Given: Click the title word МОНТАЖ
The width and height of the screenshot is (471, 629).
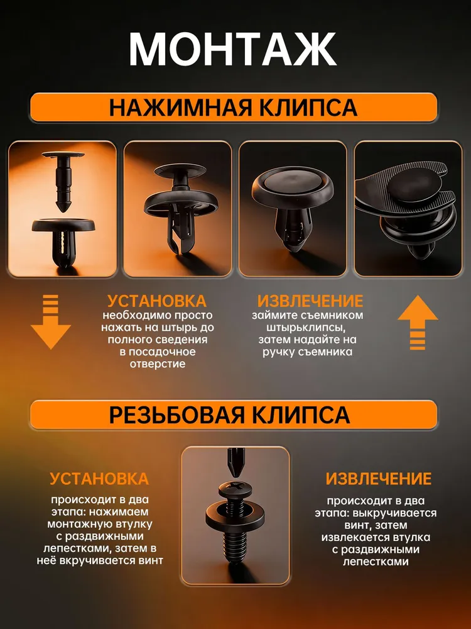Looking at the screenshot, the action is [x=232, y=49].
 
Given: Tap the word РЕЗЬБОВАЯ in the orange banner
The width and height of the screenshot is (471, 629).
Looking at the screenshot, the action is [x=176, y=415].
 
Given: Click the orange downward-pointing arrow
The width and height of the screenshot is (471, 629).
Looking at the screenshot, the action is [x=50, y=321].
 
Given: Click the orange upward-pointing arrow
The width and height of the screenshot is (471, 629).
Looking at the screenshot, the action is [x=418, y=322].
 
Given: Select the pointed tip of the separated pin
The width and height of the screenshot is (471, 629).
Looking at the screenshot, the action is [x=62, y=209].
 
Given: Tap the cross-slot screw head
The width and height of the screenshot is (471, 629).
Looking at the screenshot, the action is [x=235, y=489].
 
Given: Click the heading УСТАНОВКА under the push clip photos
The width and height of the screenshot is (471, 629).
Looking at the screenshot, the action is [x=157, y=301].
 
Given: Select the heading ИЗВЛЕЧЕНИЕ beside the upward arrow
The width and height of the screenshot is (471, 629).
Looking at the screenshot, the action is [x=310, y=301].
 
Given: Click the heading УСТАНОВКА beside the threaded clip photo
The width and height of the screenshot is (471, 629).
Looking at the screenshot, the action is [x=99, y=479].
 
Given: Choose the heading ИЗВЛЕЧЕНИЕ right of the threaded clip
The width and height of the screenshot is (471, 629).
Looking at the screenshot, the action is [x=378, y=479].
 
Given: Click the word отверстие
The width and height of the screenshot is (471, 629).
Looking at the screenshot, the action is [x=158, y=364].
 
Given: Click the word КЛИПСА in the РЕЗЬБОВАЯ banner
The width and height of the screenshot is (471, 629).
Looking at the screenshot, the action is [x=301, y=415].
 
